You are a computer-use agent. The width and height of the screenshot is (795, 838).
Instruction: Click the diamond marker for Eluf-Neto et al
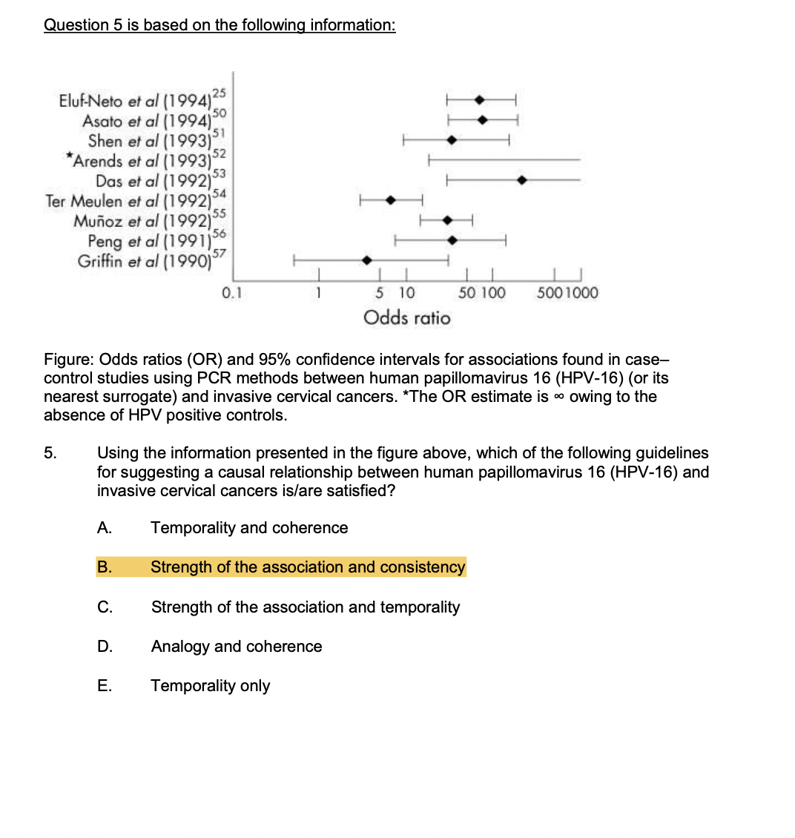[x=480, y=99]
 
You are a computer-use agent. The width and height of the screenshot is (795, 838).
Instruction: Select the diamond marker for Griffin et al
[x=366, y=260]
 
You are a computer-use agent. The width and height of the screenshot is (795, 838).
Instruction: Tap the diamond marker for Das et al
[x=522, y=180]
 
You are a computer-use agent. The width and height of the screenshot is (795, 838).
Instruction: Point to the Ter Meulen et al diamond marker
[x=391, y=199]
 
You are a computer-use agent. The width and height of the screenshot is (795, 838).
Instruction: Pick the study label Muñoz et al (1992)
[x=141, y=221]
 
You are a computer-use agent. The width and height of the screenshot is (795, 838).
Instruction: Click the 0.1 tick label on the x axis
[x=231, y=293]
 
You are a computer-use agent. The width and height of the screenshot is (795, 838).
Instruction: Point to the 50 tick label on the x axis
[x=467, y=293]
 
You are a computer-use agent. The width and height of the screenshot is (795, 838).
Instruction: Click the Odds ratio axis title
[x=406, y=318]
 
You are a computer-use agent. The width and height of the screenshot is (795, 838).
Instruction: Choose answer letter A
[x=105, y=528]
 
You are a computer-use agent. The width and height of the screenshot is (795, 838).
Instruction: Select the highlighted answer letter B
[x=105, y=567]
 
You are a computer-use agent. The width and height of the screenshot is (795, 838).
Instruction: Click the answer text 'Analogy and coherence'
[x=237, y=647]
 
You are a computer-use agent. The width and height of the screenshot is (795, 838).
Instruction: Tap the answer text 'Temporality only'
[x=211, y=686]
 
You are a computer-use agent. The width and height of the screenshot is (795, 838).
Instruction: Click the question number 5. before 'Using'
[x=50, y=453]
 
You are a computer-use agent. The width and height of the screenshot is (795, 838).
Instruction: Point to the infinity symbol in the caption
[x=559, y=397]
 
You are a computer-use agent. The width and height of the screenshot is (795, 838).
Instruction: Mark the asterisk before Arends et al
[x=69, y=156]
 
